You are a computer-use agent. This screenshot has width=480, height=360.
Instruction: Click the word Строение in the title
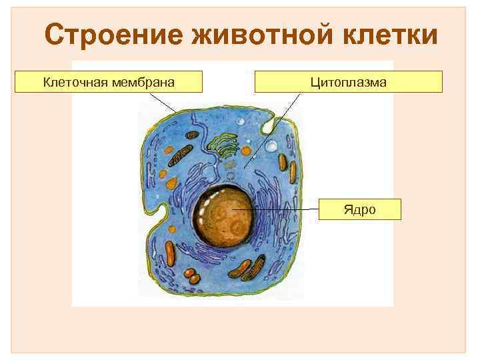pyautogui.click(x=113, y=35)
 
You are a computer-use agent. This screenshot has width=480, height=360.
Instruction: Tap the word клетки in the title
pyautogui.click(x=390, y=35)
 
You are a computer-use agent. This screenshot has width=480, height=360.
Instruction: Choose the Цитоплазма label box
pyautogui.click(x=348, y=82)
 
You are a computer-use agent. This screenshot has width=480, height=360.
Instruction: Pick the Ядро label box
pyautogui.click(x=360, y=209)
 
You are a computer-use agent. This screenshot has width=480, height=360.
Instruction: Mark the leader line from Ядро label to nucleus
pyautogui.click(x=280, y=209)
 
